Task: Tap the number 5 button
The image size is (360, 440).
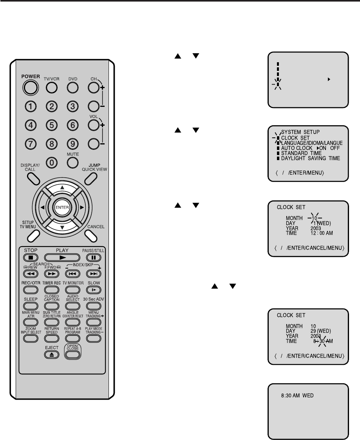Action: (x=51, y=125)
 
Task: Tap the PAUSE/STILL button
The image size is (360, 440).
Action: (x=93, y=258)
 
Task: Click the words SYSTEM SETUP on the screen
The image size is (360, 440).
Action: (x=301, y=132)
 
